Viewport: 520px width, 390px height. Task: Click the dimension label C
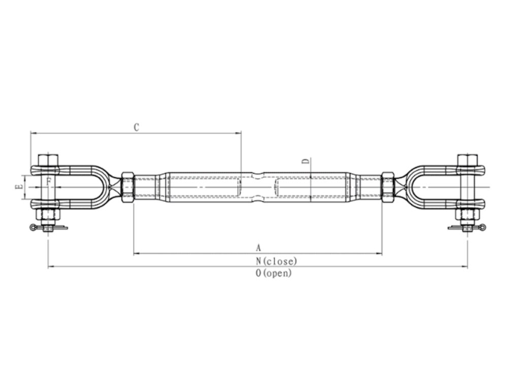pos(136,127)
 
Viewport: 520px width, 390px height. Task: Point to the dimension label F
pos(48,181)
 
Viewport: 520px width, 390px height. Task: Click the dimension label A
pos(258,248)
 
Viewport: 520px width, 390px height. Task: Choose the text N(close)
pos(276,261)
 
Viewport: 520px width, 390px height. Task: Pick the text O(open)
pos(274,273)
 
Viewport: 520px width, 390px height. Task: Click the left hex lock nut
pos(127,186)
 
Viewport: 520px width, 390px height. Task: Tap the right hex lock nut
pos(388,186)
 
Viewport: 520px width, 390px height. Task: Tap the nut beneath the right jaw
pos(467,215)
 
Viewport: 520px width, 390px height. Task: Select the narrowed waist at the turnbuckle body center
pos(258,186)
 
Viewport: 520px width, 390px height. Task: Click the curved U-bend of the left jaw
pos(104,186)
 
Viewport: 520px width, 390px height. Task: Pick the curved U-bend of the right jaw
pos(412,186)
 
